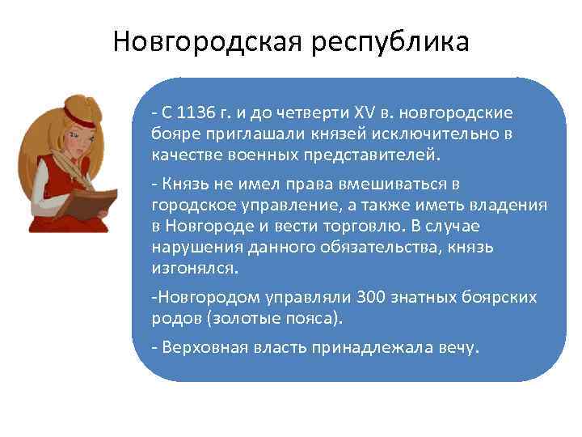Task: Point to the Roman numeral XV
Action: click(x=368, y=112)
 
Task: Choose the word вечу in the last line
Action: click(x=458, y=349)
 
